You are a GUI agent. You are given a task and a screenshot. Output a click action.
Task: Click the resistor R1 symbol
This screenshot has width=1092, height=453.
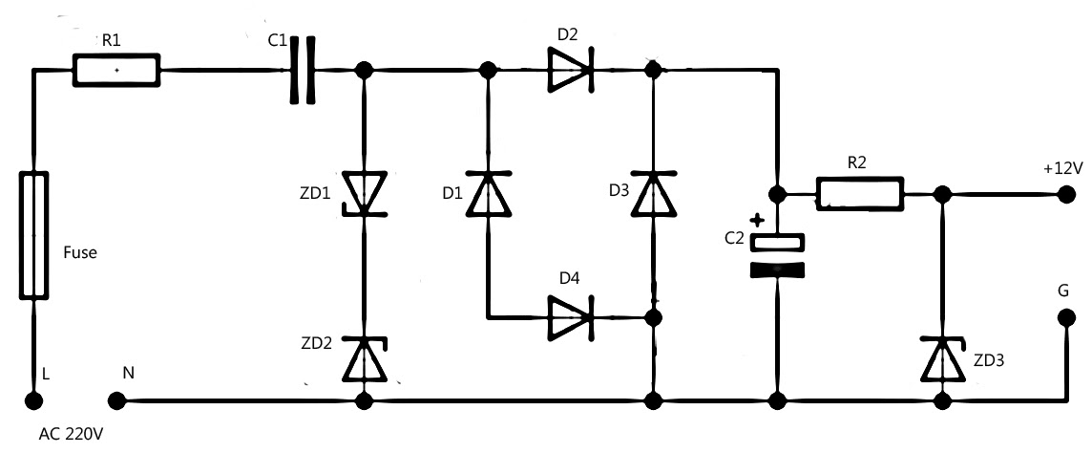[x=116, y=70]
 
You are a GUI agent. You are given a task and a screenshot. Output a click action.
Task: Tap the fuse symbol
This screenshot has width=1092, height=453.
[x=33, y=235]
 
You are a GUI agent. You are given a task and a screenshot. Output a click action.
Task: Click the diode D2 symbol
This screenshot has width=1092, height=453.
[x=571, y=70]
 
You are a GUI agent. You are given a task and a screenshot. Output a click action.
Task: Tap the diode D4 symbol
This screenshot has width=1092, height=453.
[x=571, y=316]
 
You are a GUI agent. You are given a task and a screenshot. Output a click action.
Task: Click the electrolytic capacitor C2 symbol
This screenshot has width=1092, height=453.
[x=779, y=255]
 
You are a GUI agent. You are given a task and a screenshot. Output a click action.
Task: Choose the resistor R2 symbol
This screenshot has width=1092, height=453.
[x=859, y=194]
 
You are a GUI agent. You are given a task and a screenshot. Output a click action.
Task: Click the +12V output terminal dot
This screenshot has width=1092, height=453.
[x=1065, y=194]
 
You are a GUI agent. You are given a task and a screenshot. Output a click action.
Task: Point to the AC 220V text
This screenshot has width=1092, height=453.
[x=71, y=434]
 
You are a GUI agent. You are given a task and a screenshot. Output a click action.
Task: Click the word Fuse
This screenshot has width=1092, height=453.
[x=80, y=254]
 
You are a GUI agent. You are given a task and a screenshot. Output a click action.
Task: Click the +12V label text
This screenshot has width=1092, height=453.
[x=1062, y=168]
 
